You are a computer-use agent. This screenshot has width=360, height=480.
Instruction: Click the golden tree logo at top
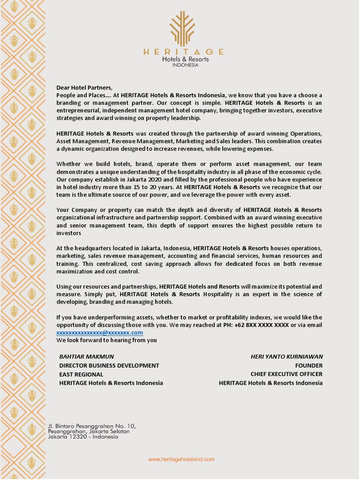pyautogui.click(x=182, y=29)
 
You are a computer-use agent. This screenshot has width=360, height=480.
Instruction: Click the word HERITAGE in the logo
pyautogui.click(x=183, y=52)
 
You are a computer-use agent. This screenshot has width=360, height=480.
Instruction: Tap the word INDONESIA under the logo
pyautogui.click(x=185, y=65)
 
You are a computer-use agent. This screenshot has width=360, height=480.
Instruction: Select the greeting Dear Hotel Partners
pyautogui.click(x=84, y=88)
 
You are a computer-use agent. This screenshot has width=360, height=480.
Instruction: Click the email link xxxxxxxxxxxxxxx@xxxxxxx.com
pyautogui.click(x=99, y=332)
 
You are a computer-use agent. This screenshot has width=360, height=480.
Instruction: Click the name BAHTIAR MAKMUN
pyautogui.click(x=86, y=356)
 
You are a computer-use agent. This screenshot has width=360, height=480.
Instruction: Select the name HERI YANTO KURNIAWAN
pyautogui.click(x=286, y=356)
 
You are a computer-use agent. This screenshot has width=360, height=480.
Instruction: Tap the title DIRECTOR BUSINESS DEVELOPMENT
pyautogui.click(x=109, y=365)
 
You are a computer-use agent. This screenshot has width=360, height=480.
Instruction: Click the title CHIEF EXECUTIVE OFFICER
pyautogui.click(x=286, y=374)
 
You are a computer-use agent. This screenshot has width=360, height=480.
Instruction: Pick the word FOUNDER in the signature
pyautogui.click(x=308, y=365)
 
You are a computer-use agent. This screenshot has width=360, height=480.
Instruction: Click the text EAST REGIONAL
pyautogui.click(x=81, y=374)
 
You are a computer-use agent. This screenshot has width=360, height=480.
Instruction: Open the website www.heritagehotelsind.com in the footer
pyautogui.click(x=181, y=459)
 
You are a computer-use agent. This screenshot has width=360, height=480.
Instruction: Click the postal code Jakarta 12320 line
pyautogui.click(x=82, y=437)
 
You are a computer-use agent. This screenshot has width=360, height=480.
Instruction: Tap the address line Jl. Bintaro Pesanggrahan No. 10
pyautogui.click(x=91, y=426)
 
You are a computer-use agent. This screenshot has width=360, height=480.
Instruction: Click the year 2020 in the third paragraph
pyautogui.click(x=143, y=179)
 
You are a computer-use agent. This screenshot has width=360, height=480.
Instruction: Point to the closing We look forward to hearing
pyautogui.click(x=106, y=340)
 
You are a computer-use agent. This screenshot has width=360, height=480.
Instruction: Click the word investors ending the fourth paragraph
pyautogui.click(x=69, y=233)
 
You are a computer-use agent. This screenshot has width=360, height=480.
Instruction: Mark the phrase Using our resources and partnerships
pyautogui.click(x=107, y=286)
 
